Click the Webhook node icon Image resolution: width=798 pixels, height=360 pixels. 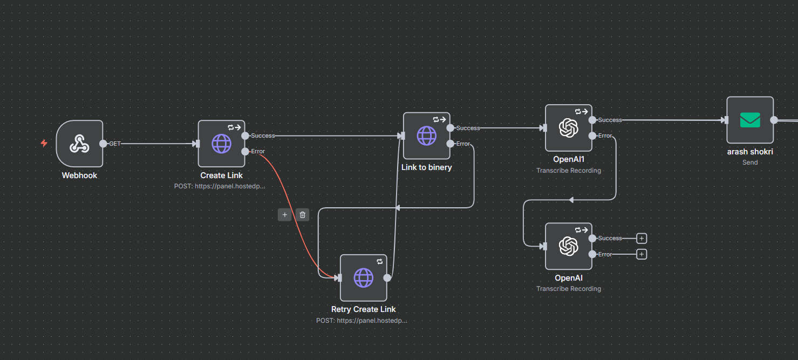[x=79, y=144]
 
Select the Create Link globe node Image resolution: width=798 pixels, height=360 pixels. [x=221, y=144]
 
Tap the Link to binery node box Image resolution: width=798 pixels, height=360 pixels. [x=426, y=135]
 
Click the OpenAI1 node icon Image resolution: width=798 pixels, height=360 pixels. [x=568, y=128]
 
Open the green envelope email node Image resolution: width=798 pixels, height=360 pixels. [x=749, y=120]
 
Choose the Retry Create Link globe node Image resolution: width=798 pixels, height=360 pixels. [x=363, y=277]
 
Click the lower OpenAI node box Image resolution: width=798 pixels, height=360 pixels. [x=568, y=246]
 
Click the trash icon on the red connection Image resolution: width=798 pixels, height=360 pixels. [x=303, y=215]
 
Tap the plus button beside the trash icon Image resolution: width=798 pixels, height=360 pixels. [x=284, y=215]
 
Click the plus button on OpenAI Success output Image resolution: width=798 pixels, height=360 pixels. [x=642, y=238]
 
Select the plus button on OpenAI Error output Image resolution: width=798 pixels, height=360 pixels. [x=642, y=254]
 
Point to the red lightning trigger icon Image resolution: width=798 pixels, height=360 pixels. [x=44, y=143]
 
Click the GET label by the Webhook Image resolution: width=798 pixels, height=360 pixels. [x=115, y=144]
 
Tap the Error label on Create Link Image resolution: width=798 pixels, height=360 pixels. [x=258, y=151]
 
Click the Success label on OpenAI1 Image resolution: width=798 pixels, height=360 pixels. [x=610, y=120]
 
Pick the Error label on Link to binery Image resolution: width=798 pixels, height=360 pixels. [x=463, y=144]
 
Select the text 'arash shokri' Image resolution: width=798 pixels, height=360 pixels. [x=749, y=152]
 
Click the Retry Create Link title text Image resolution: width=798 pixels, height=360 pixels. [x=363, y=309]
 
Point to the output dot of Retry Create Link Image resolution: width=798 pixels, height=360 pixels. [x=387, y=277]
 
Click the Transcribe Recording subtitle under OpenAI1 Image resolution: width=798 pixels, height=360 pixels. [x=568, y=171]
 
